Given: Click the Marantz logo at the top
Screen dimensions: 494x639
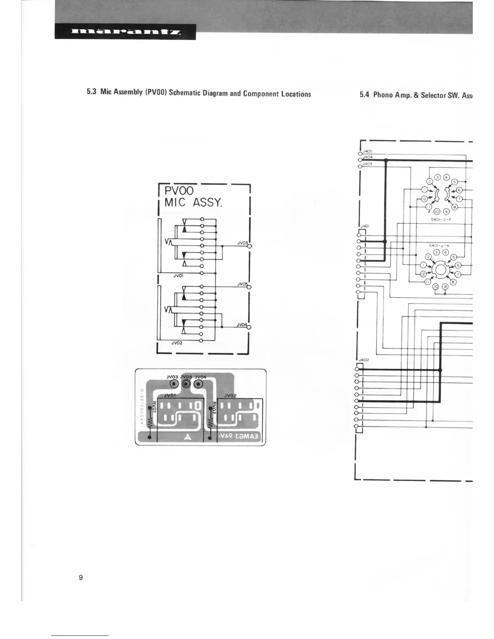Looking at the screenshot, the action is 126,32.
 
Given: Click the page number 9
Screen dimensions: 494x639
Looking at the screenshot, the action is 81,577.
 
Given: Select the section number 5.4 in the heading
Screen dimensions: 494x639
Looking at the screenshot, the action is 364,95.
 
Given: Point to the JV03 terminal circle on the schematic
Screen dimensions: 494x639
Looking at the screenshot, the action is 250,246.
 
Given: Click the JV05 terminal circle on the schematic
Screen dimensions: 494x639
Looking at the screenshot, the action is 249,287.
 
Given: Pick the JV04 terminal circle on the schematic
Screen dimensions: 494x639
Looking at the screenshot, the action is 249,327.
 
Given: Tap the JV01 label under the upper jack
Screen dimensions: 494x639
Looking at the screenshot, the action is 178,276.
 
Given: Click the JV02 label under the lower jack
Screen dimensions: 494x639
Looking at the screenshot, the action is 177,343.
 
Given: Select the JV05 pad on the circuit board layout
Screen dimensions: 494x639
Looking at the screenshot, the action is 186,384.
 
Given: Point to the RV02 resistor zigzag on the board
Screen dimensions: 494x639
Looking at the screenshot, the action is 210,423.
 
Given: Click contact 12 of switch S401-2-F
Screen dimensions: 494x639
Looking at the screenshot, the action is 424,199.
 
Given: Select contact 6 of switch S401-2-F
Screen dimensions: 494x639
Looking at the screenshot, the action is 459,190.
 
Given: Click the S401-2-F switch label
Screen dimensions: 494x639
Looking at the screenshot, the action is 441,220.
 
